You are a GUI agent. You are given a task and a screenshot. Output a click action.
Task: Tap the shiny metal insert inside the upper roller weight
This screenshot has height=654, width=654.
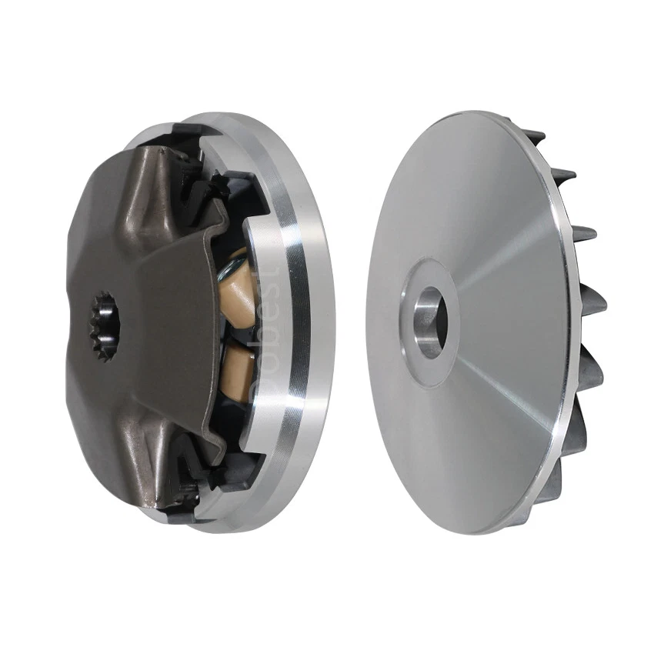pos(229,269)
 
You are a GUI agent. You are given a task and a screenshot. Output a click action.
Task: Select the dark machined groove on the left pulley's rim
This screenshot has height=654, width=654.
pos(297,323)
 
